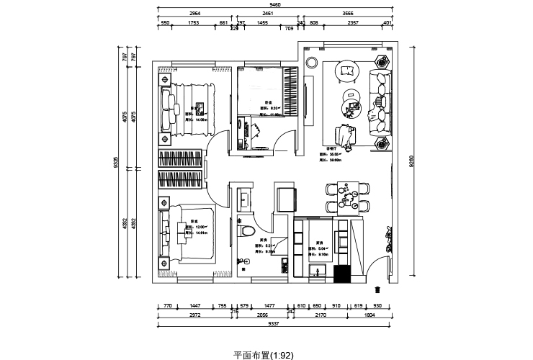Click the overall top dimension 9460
[x=276, y=4]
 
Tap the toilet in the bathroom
[x=247, y=231]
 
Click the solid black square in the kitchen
[x=341, y=274]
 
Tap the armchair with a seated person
[x=344, y=135]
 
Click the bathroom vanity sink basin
[x=243, y=197]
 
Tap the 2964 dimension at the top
[x=190, y=14]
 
